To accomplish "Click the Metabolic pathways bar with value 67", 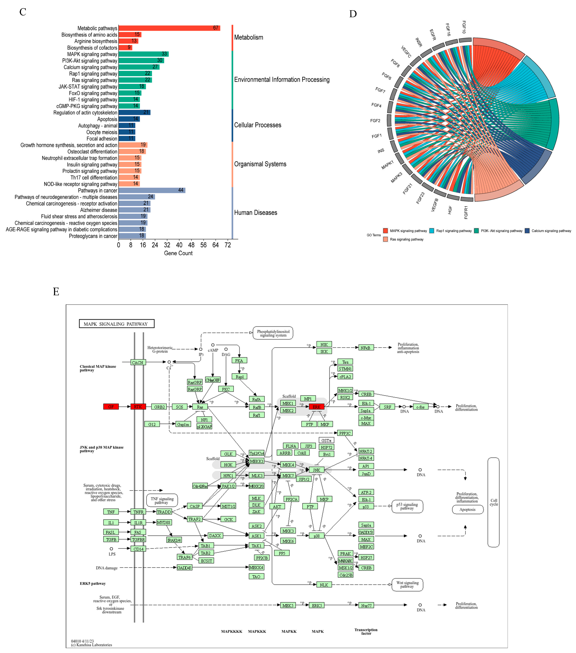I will tap(169, 28).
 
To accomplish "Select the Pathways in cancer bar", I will tap(152, 190).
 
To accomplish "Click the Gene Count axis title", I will tap(178, 253).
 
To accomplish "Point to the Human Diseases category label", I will tap(255, 213).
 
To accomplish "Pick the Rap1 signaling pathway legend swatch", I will tap(432, 231).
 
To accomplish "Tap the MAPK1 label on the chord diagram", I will tap(387, 165).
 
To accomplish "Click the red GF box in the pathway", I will tap(111, 407).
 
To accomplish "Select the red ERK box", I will tap(316, 407).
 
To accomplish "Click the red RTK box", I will tap(138, 407).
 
